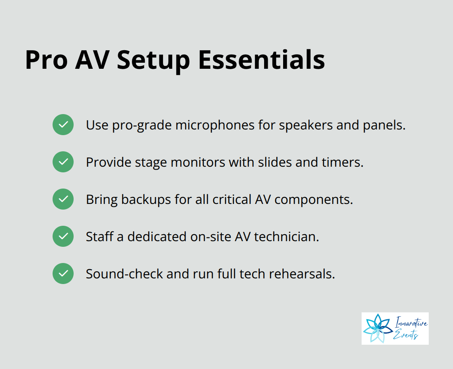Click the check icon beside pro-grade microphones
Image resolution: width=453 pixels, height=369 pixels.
click(x=63, y=125)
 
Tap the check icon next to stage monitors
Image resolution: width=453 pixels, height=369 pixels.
click(x=63, y=162)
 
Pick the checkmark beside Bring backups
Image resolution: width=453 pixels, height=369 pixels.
click(x=63, y=199)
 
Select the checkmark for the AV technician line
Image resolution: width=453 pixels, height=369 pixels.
click(x=63, y=236)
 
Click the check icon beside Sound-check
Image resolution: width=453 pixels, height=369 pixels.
click(x=63, y=274)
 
